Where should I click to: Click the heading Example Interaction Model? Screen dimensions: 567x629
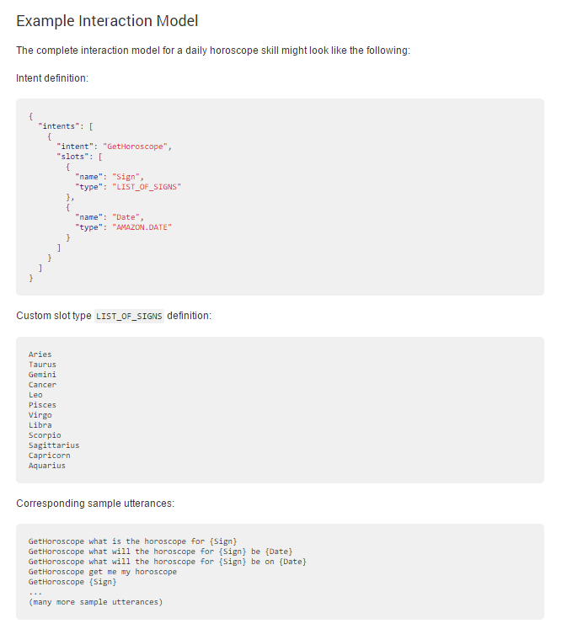coord(107,20)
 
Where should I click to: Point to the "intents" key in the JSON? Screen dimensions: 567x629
coord(61,125)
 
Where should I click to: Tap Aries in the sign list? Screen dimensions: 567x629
coord(40,354)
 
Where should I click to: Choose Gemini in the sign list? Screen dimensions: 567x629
coord(42,375)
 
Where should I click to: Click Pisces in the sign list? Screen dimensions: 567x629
coord(42,405)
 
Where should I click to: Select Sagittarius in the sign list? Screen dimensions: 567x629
coord(54,445)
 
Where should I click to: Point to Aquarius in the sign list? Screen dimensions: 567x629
coord(46,466)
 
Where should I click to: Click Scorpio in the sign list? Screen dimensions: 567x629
coord(45,435)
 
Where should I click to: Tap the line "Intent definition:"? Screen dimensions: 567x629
coord(52,77)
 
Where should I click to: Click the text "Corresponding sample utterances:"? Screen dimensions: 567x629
coord(95,504)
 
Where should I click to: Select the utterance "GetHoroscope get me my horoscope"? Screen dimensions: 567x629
coord(102,572)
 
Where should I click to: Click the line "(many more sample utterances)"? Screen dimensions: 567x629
coord(95,602)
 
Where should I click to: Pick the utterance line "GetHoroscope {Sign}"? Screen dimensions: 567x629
coord(72,582)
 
